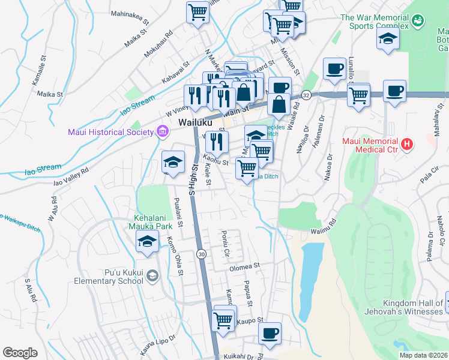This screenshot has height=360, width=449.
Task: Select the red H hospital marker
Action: pyautogui.click(x=407, y=143)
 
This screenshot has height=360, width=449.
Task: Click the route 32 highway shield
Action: pyautogui.click(x=306, y=95)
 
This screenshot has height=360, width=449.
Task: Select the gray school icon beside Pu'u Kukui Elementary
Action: pyautogui.click(x=153, y=275)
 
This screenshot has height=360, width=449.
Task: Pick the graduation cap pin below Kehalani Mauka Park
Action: pyautogui.click(x=147, y=242)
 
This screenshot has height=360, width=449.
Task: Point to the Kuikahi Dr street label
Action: pyautogui.click(x=240, y=355)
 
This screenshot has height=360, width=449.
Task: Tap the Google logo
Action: pyautogui.click(x=20, y=353)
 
